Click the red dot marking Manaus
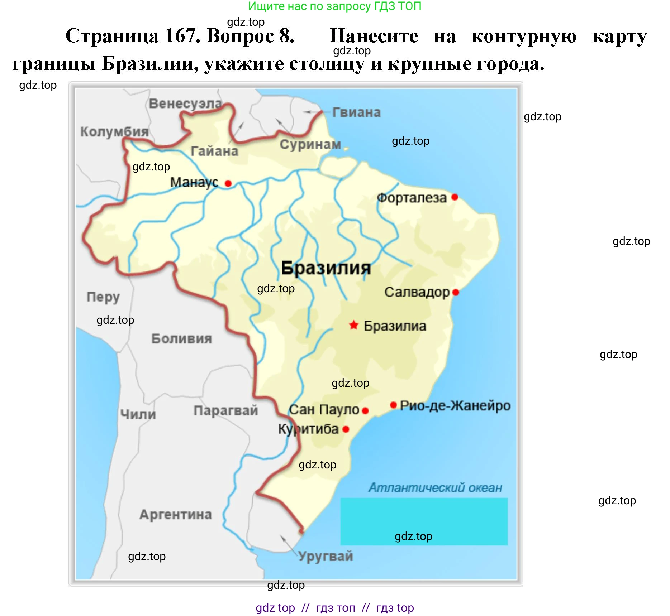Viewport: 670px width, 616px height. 228,183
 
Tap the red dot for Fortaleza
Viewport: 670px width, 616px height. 455,197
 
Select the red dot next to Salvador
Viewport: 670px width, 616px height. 456,292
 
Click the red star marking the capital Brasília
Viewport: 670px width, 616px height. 353,325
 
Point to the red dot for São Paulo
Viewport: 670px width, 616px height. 365,411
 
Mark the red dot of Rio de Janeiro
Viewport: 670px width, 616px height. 393,405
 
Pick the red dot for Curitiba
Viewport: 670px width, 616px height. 346,429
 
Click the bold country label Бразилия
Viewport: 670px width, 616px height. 326,268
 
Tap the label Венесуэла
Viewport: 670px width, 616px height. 185,104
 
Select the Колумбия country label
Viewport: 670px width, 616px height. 114,131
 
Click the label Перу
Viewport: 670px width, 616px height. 103,297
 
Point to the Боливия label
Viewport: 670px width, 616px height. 181,338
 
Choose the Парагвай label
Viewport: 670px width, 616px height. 225,410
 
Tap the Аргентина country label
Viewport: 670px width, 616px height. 176,515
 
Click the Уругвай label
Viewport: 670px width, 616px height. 326,556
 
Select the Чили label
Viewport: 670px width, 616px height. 138,414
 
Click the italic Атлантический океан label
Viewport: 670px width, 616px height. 435,487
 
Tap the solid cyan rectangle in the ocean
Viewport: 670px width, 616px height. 424,521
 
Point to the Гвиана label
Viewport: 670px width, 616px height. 356,112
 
